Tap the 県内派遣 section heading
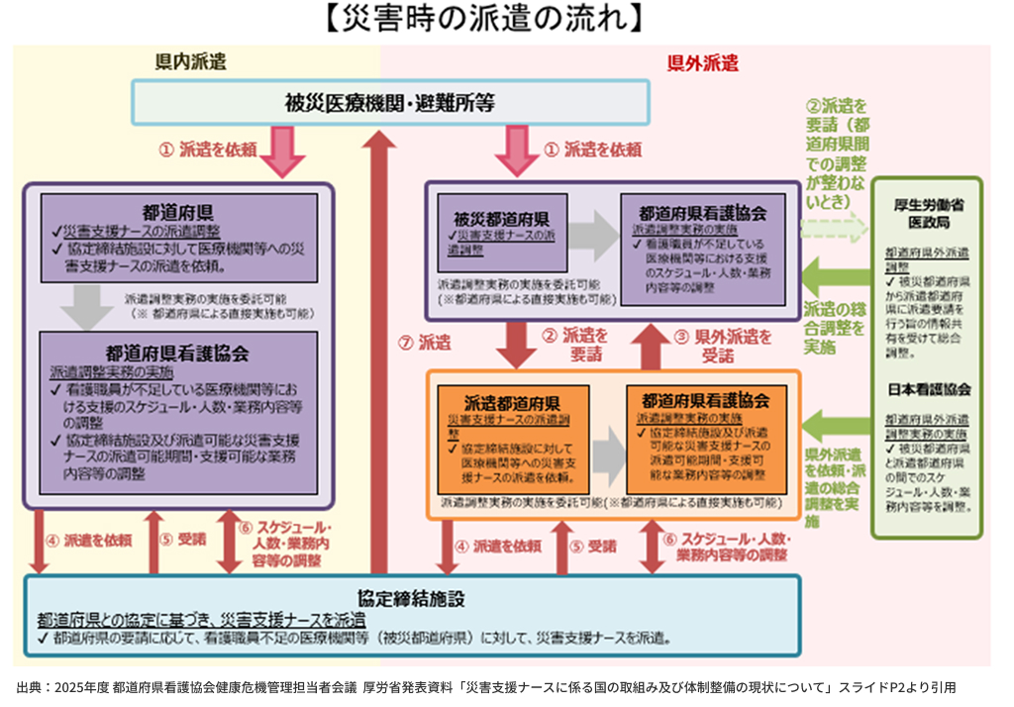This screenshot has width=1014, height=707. click(191, 62)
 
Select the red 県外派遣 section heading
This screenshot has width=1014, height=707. click(702, 64)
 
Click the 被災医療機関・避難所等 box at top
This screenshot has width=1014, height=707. click(390, 102)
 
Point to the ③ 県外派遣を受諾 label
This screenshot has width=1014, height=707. click(723, 345)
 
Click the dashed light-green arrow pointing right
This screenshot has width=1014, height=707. click(831, 228)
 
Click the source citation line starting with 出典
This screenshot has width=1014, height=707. click(485, 686)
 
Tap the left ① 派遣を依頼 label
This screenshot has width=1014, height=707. click(218, 150)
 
